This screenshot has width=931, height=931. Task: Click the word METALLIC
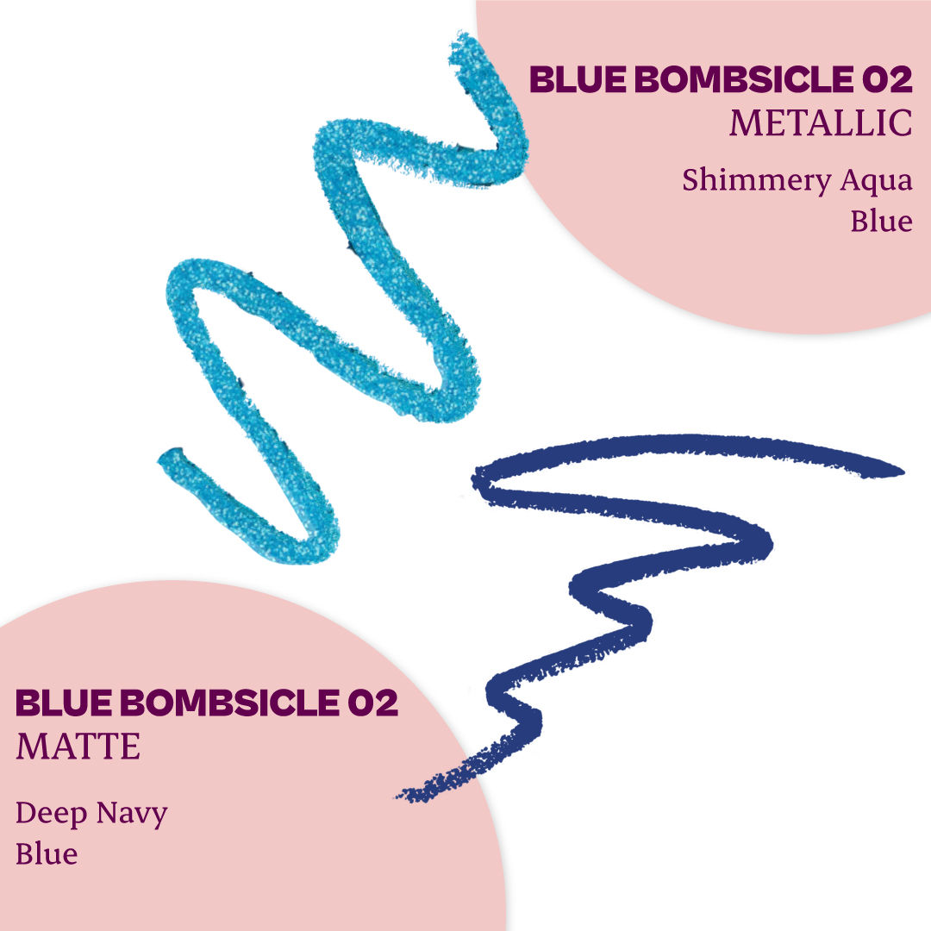pyautogui.click(x=821, y=123)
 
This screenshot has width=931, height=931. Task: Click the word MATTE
pyautogui.click(x=78, y=747)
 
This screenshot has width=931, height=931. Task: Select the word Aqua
pyautogui.click(x=877, y=182)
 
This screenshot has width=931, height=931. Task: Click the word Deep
pyautogui.click(x=51, y=815)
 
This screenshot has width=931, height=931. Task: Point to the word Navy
pyautogui.click(x=132, y=815)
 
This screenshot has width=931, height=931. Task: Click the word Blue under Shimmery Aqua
pyautogui.click(x=882, y=221)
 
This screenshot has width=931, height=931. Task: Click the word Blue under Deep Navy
pyautogui.click(x=47, y=854)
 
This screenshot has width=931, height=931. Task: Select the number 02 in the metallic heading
pyautogui.click(x=888, y=79)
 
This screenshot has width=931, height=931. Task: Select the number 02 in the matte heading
pyautogui.click(x=373, y=703)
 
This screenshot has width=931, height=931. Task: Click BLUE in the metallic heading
pyautogui.click(x=578, y=79)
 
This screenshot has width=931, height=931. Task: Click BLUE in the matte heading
pyautogui.click(x=64, y=703)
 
